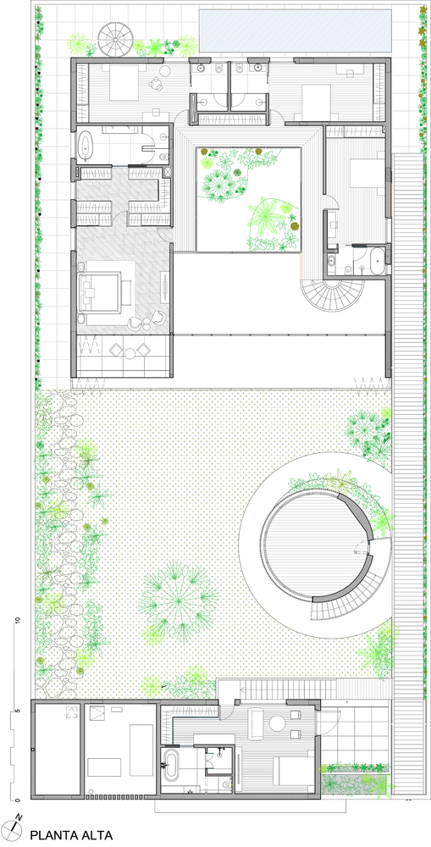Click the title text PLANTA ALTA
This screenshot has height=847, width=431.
point(71,835)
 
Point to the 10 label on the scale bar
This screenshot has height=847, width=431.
point(18,620)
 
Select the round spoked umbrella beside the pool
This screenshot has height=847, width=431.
point(115,38)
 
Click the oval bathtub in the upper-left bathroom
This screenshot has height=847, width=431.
point(86,146)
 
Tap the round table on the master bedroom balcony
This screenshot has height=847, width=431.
point(130,353)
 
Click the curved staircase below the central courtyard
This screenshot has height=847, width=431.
point(324,294)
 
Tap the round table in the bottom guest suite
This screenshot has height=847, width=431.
point(278,724)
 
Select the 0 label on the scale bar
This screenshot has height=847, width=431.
point(18,799)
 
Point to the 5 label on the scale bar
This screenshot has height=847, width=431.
point(18,711)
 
